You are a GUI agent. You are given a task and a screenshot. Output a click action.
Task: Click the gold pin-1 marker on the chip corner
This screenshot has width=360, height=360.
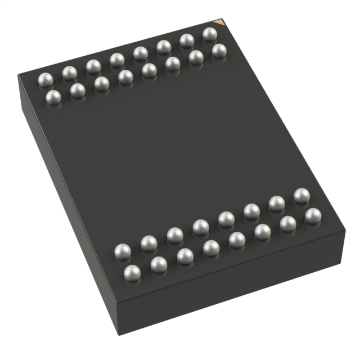pos(222,22)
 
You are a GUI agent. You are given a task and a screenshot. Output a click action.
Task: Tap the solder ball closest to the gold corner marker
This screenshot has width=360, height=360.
pos(210,34)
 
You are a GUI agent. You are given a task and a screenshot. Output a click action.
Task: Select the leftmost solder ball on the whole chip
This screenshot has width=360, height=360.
pos(45,79)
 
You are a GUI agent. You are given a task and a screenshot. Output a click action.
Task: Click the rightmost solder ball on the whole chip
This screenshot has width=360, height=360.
pos(313,215)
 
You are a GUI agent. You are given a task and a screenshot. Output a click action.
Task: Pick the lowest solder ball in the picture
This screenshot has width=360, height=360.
pos(132,273)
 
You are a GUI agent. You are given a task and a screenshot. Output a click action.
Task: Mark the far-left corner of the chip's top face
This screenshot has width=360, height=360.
pos(19,75)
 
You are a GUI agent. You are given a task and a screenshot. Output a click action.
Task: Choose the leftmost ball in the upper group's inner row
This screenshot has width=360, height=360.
pos(53,97)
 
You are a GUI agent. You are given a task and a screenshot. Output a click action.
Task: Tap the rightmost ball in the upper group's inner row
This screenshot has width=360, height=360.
pos(219,51)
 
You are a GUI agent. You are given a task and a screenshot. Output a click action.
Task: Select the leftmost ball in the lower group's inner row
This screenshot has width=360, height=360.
pos(122,251)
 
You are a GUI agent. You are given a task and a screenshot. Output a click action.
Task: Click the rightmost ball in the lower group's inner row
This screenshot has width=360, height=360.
pos(301,196)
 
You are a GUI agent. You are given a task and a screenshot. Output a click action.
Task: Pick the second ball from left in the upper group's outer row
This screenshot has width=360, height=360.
pos(70,73)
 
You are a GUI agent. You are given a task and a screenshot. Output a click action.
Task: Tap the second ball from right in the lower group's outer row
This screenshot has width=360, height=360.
pos(288,224)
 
